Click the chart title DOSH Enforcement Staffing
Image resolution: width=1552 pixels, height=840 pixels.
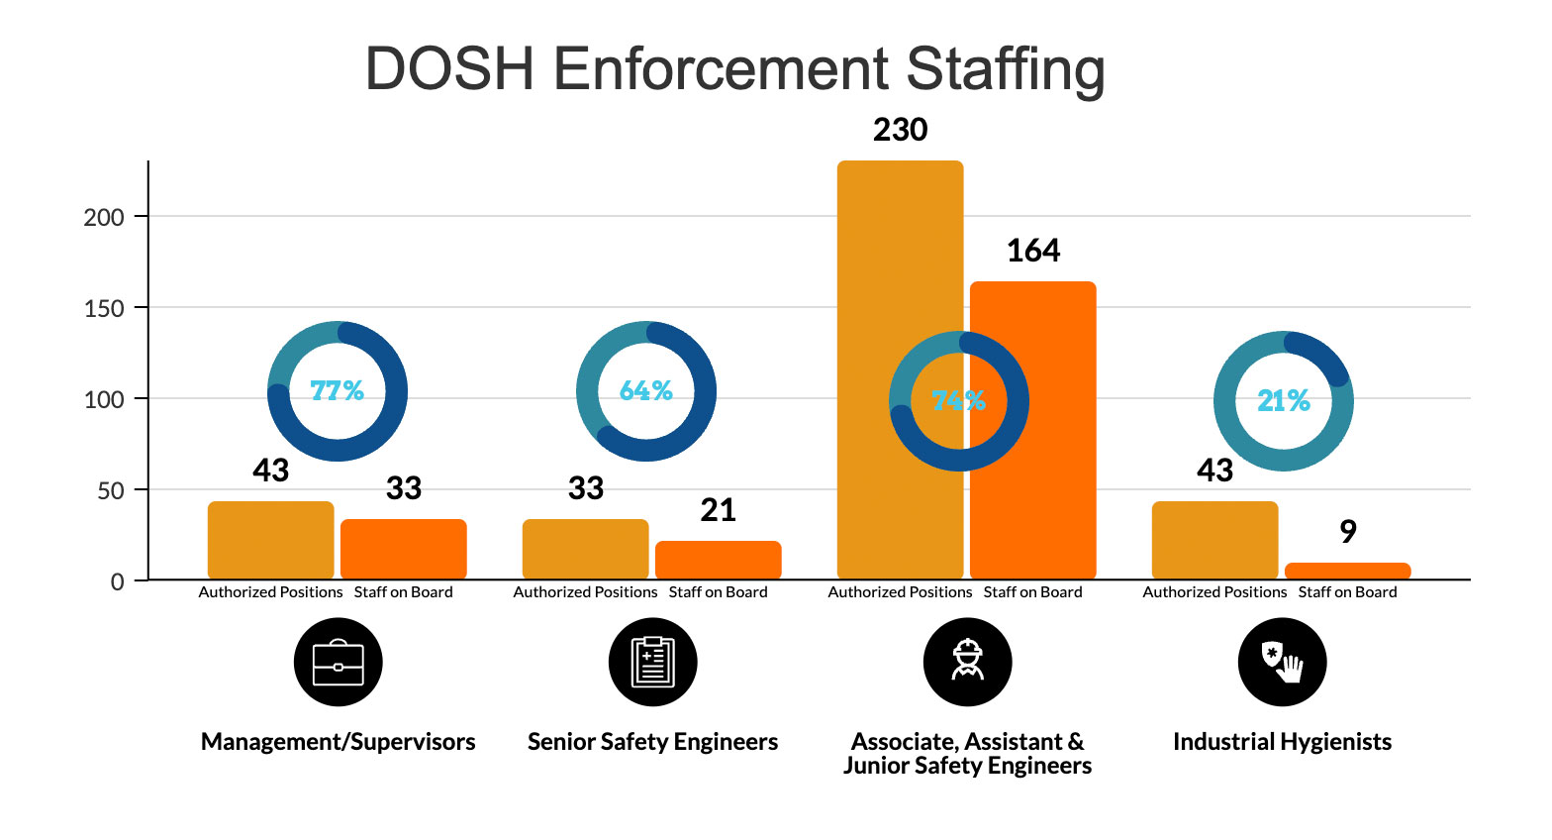point(734,69)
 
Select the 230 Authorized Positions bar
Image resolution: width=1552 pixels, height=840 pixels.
point(900,297)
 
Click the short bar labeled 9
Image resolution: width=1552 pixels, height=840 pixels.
point(1347,571)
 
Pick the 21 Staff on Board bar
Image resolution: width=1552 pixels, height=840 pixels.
point(718,560)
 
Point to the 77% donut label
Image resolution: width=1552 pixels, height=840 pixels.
point(338,391)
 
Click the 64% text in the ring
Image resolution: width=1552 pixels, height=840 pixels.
point(646,391)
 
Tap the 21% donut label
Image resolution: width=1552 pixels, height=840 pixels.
point(1284,401)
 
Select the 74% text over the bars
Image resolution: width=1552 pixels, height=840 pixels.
point(958,401)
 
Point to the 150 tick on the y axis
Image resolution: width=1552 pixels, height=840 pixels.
point(104,308)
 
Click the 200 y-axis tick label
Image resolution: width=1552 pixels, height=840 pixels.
point(104,217)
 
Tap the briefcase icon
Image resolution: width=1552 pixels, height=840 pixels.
point(339,662)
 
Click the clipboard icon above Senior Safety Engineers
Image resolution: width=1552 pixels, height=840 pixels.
point(653,662)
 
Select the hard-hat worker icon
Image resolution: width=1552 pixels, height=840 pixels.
point(967,662)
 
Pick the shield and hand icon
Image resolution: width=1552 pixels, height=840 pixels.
point(1282,662)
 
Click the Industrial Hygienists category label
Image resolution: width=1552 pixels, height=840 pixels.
point(1282,742)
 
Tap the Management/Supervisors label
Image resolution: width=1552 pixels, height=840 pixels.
point(339,742)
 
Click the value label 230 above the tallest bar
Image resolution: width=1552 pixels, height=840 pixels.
point(900,130)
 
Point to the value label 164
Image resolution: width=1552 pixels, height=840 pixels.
point(1032,251)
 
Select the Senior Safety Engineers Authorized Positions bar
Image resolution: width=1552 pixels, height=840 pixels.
point(585,550)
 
